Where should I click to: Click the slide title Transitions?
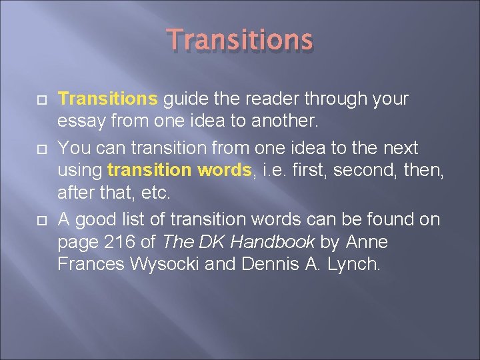click(x=240, y=40)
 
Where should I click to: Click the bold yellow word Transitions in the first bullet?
click(x=107, y=99)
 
